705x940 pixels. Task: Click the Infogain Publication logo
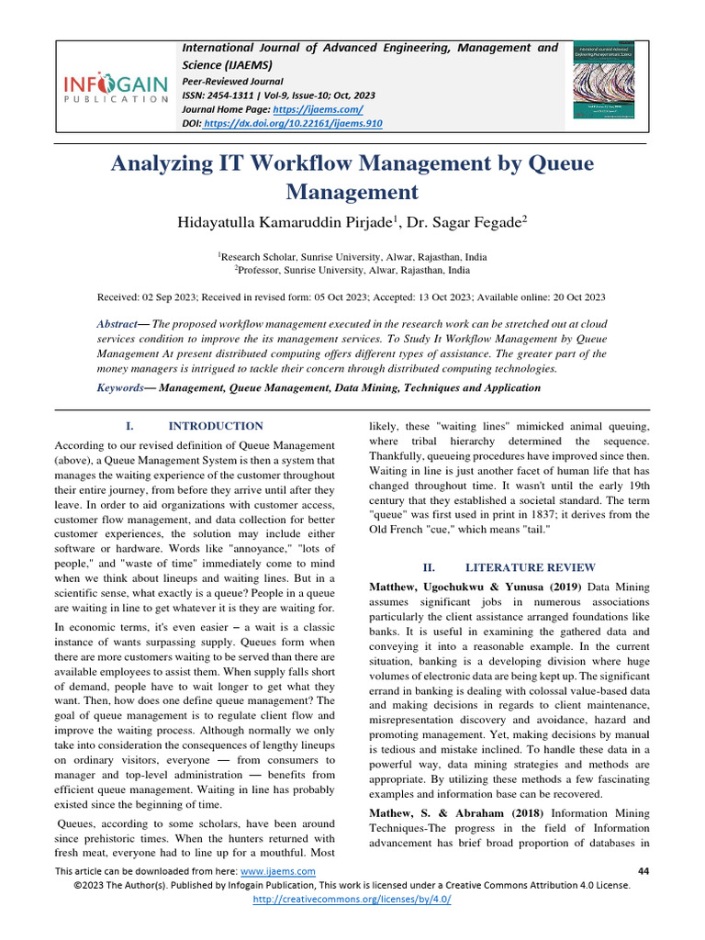(116, 88)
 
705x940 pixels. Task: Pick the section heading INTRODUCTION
(216, 426)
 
